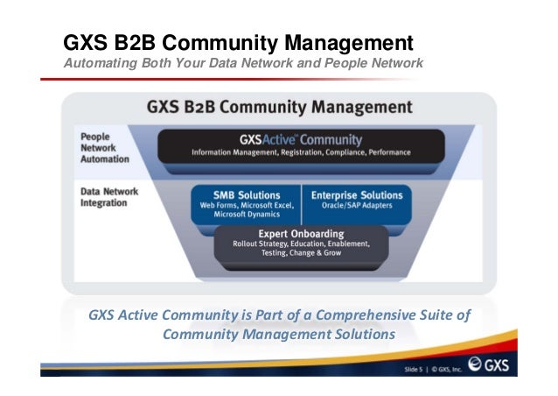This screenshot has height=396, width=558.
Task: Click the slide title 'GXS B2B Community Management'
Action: tap(237, 42)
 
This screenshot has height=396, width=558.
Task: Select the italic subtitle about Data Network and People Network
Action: tap(243, 64)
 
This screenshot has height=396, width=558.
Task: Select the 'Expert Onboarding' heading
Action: tap(300, 234)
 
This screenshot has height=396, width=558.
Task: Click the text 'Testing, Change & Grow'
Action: tap(300, 255)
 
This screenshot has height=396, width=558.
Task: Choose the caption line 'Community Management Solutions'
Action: tap(278, 335)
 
